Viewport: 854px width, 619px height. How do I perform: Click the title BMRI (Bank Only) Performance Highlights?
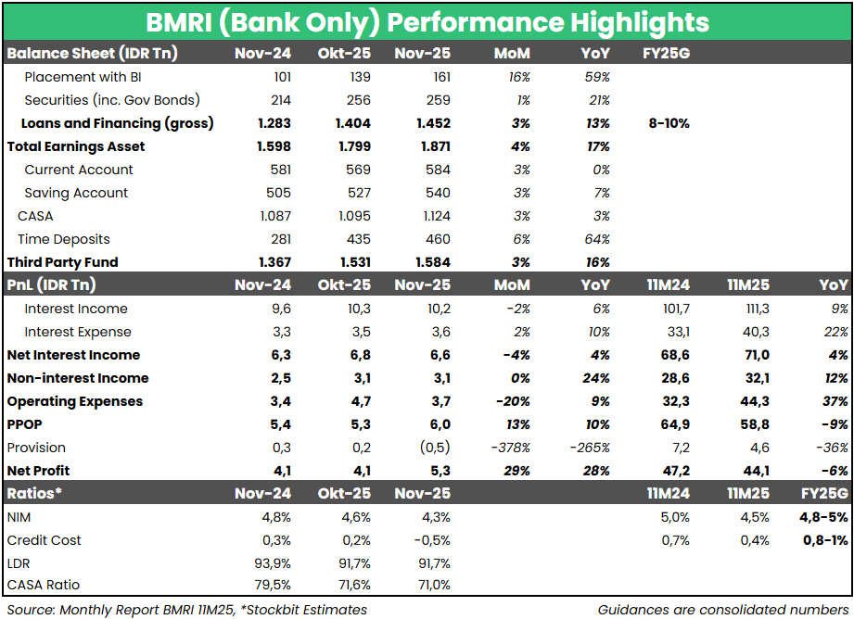pos(427,22)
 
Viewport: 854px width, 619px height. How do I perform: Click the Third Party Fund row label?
pos(63,262)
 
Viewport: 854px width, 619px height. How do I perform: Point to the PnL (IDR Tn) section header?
pos(52,285)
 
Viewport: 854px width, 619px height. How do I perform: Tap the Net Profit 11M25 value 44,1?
pos(755,471)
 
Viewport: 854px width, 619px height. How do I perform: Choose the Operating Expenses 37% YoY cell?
pos(835,401)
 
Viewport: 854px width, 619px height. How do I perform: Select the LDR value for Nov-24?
pos(272,563)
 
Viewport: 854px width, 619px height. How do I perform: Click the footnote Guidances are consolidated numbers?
pos(722,609)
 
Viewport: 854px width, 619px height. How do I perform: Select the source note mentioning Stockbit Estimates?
pos(187,609)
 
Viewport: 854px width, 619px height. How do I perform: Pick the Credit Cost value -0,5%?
pos(430,540)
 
